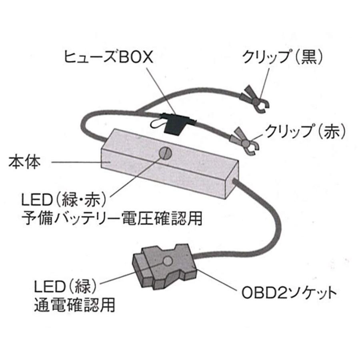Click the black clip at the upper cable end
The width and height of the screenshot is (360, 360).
[256, 100]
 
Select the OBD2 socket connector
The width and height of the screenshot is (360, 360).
[164, 268]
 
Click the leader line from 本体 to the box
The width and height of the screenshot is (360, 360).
[76, 162]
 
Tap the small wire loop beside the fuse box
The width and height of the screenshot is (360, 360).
[157, 125]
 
